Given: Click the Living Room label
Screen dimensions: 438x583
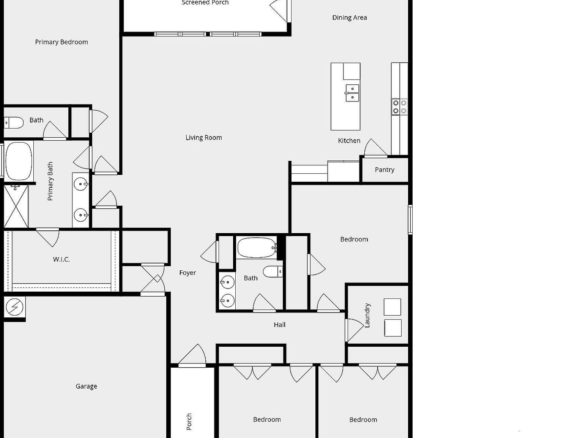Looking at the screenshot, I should [x=203, y=138].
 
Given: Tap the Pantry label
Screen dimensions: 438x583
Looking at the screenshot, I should [x=384, y=170].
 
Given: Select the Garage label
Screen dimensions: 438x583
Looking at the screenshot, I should [x=86, y=386].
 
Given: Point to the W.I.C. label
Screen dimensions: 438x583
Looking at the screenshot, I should [x=61, y=260].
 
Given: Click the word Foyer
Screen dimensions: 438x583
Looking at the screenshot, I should [x=188, y=273].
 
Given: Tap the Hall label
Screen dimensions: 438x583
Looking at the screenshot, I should [x=279, y=325].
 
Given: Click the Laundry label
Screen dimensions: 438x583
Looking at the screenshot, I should [x=367, y=315].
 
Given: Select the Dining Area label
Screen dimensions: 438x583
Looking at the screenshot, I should [x=349, y=17].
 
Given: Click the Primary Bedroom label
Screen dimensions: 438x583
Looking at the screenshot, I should [x=61, y=42].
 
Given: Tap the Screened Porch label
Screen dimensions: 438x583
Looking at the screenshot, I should [x=205, y=3].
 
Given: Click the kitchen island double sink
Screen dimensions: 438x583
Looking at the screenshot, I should [x=352, y=93].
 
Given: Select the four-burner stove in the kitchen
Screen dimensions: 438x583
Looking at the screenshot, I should [x=399, y=107].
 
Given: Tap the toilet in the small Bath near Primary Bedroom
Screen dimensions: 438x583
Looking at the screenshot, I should [x=14, y=123].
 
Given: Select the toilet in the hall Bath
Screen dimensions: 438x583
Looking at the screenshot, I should [x=273, y=271].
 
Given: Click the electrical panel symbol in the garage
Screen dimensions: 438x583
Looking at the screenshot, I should [x=14, y=307].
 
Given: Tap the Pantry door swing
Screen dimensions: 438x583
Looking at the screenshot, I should [x=375, y=148].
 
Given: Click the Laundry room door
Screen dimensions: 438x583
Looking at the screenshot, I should [x=354, y=329].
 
